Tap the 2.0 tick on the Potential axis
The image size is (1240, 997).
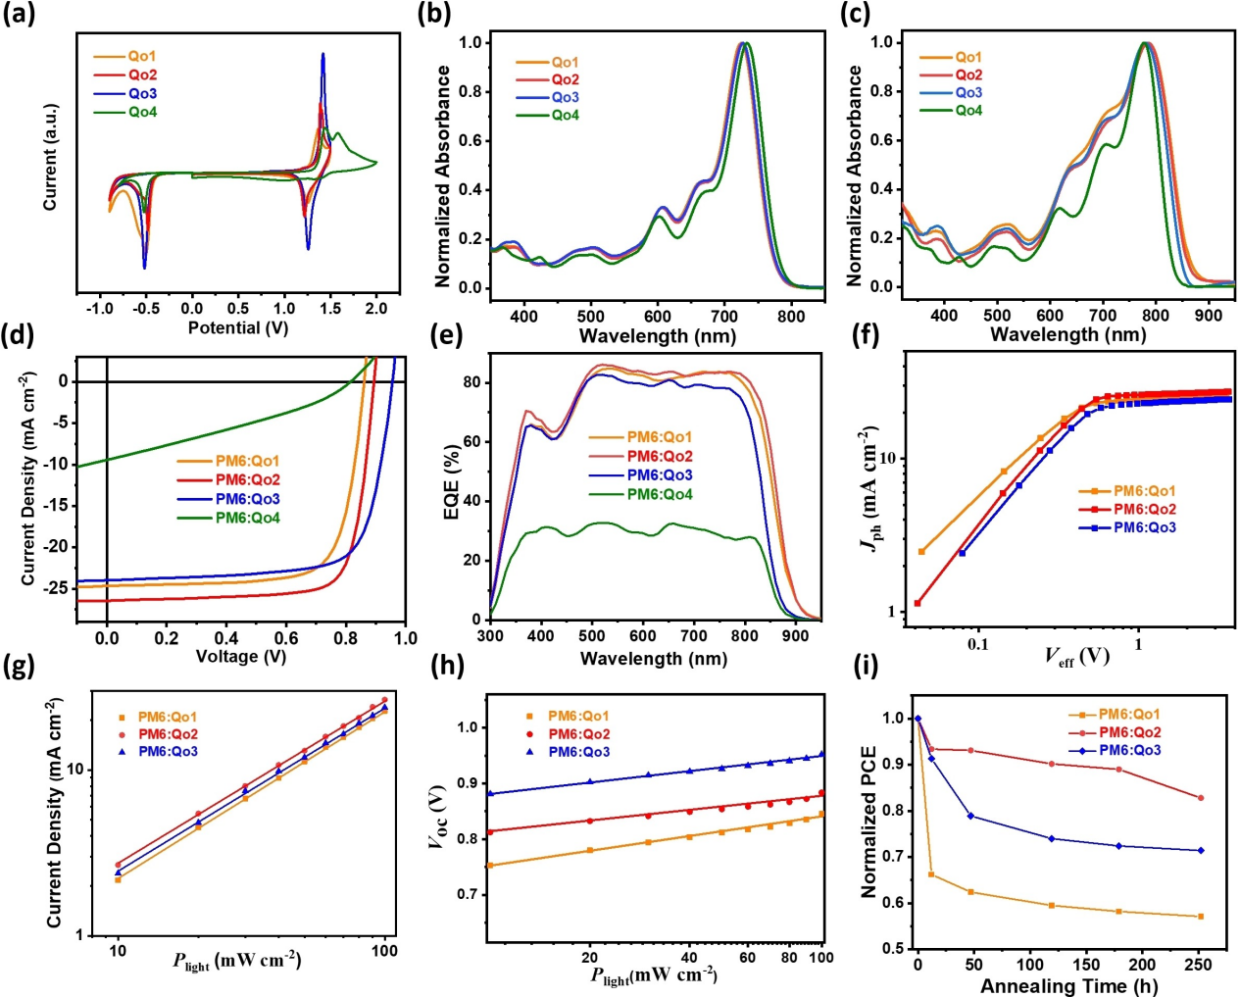376,309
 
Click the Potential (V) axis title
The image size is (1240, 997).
238,327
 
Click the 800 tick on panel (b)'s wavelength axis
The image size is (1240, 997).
792,316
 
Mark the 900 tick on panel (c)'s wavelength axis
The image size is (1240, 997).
1209,316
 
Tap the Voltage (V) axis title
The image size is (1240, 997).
241,657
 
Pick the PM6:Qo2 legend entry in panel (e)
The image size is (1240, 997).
659,457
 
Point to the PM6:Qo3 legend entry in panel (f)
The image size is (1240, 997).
1144,528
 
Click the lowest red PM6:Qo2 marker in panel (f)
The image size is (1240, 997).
918,603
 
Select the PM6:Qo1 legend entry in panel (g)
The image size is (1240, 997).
167,717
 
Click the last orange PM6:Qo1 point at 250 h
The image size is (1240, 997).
1201,917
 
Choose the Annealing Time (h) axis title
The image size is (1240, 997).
1068,986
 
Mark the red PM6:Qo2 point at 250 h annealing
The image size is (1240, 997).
1201,798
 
